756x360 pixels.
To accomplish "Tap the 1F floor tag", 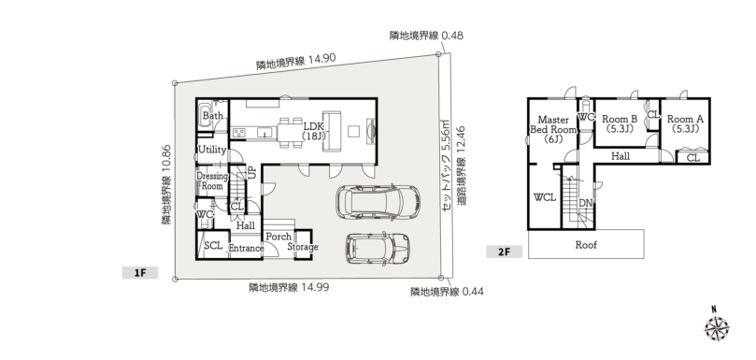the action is [x=140, y=273].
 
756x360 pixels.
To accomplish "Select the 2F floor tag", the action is [x=504, y=252].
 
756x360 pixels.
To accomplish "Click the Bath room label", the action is [x=213, y=116].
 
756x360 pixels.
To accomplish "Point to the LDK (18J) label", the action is [x=314, y=131].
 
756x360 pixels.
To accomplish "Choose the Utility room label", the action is [x=212, y=150].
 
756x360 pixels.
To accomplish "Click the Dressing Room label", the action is [x=211, y=181].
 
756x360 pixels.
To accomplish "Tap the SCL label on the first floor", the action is [x=213, y=245].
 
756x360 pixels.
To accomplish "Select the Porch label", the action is [x=278, y=237].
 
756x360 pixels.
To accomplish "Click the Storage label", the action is [x=303, y=247].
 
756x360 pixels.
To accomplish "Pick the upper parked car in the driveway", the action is [x=378, y=201].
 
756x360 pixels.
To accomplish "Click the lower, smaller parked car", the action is [x=378, y=249].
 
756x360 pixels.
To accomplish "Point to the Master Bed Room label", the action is [x=553, y=129].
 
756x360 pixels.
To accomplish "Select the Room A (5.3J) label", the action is [x=685, y=123].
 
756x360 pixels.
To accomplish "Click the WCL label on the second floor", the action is [x=545, y=197].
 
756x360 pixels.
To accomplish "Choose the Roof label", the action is [x=586, y=245].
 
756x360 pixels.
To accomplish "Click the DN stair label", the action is [x=585, y=203].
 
